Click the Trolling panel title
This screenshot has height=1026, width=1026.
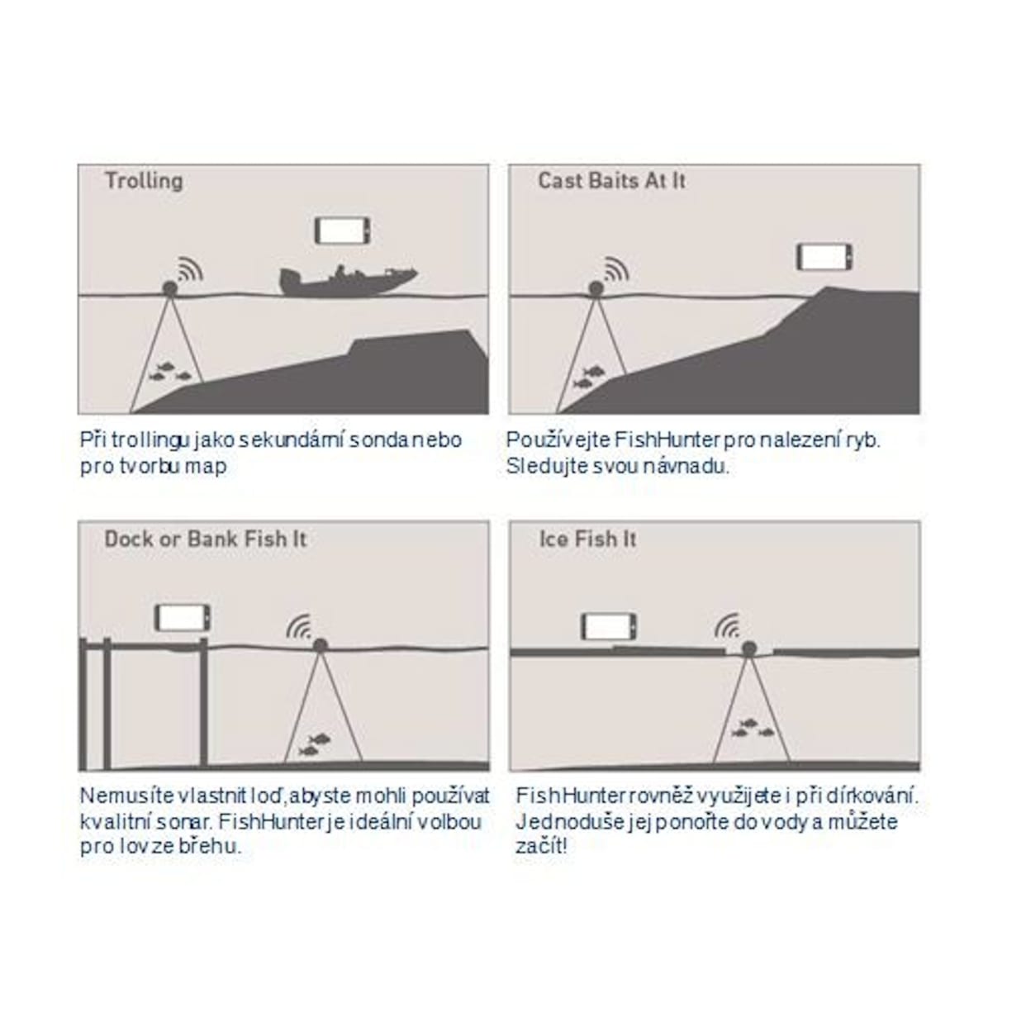[144, 181]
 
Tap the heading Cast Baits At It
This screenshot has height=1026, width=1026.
[612, 181]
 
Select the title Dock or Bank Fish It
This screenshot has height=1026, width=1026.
[206, 539]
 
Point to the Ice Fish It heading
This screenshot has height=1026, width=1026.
[588, 539]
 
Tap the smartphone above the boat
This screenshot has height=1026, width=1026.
[342, 230]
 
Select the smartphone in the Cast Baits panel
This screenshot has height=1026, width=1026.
[824, 257]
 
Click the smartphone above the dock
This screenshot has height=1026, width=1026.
[182, 618]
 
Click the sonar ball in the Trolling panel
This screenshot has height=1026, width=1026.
[170, 288]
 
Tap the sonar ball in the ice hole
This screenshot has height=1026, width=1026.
[749, 648]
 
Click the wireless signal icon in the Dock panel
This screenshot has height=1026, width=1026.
[299, 627]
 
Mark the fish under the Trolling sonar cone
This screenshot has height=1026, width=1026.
[169, 372]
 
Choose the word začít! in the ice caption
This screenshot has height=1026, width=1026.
[541, 846]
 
